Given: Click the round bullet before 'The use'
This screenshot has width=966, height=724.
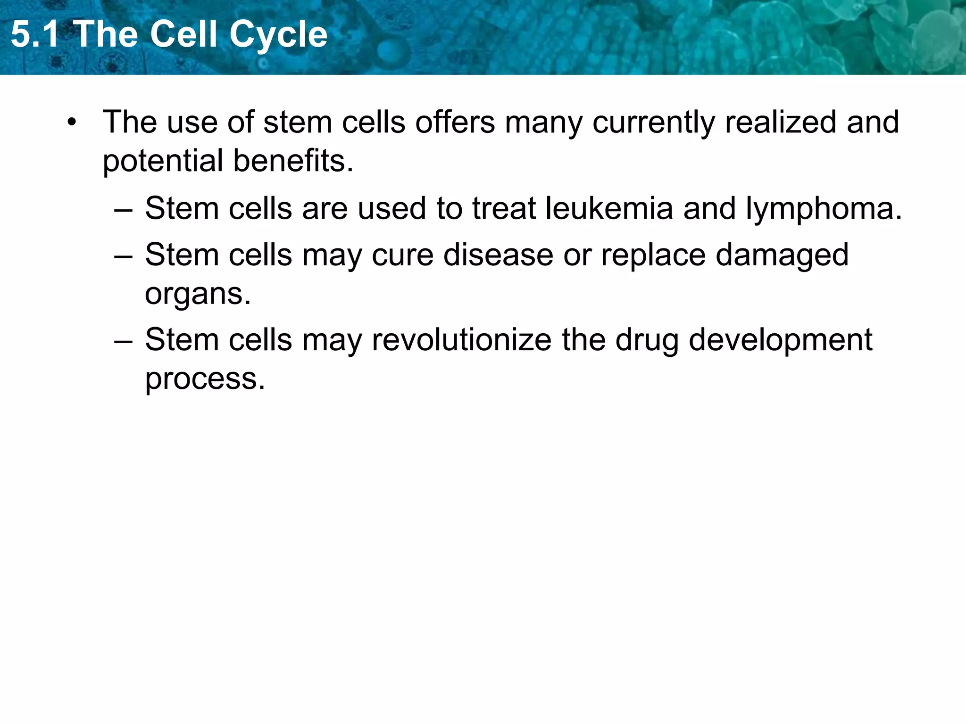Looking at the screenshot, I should [x=71, y=123].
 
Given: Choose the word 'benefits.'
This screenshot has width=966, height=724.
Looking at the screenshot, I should [x=293, y=160].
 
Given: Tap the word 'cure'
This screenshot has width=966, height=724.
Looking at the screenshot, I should [x=402, y=255].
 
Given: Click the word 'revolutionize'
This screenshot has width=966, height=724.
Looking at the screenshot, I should [x=461, y=340].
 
